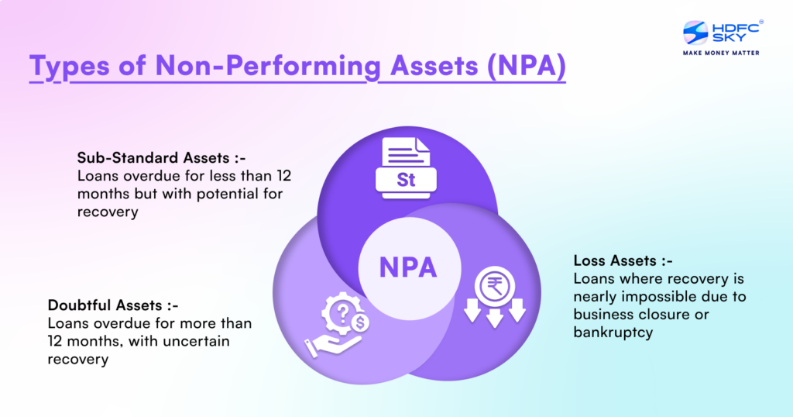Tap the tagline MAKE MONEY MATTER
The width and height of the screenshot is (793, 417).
[720, 53]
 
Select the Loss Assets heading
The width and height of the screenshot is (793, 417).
[616, 260]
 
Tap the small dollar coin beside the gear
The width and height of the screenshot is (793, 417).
[361, 319]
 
